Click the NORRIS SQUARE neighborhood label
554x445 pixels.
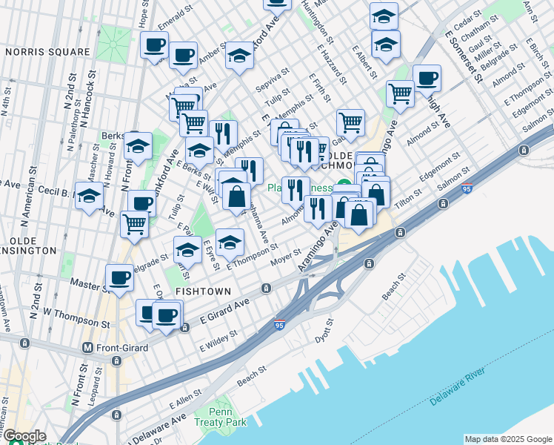pyautogui.click(x=47, y=52)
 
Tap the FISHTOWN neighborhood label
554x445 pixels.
pyautogui.click(x=202, y=291)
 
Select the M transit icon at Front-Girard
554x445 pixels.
pyautogui.click(x=87, y=347)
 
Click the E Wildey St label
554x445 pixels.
pyautogui.click(x=218, y=340)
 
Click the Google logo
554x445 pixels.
pyautogui.click(x=24, y=436)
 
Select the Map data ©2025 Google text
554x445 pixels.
pyautogui.click(x=508, y=439)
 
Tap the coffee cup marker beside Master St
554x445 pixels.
pyautogui.click(x=119, y=277)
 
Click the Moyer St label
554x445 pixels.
pyautogui.click(x=284, y=257)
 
